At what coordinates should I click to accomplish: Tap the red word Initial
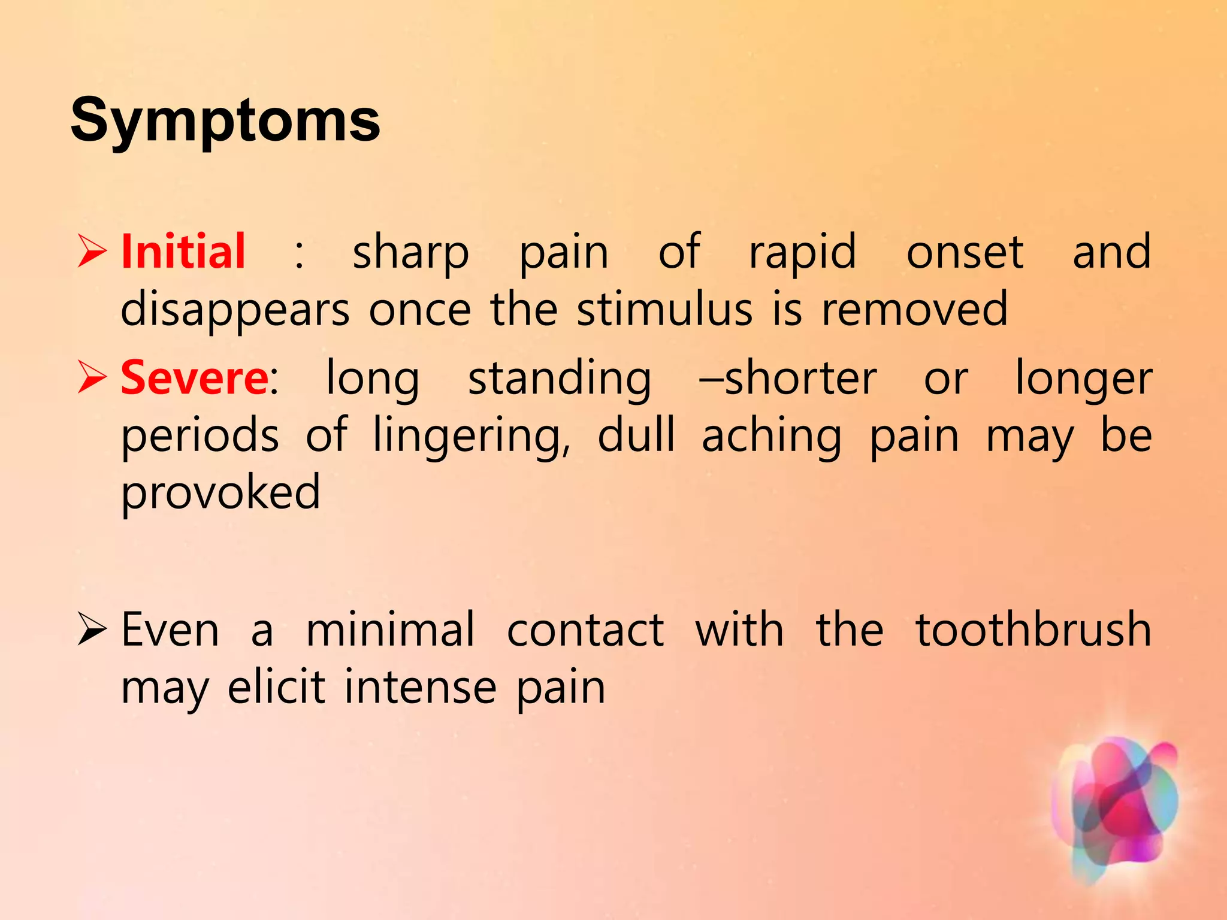tap(183, 252)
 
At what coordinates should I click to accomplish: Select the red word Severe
tap(195, 378)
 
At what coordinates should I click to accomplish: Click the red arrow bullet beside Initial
tap(92, 252)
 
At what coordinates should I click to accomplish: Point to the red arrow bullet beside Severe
tap(92, 378)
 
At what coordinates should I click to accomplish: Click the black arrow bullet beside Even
tap(92, 630)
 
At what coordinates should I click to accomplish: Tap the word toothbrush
tap(1033, 630)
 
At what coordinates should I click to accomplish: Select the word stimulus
tap(665, 310)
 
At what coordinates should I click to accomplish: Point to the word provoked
tap(220, 494)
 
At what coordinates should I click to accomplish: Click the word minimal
tap(391, 630)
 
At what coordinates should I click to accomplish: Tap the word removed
tap(915, 310)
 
